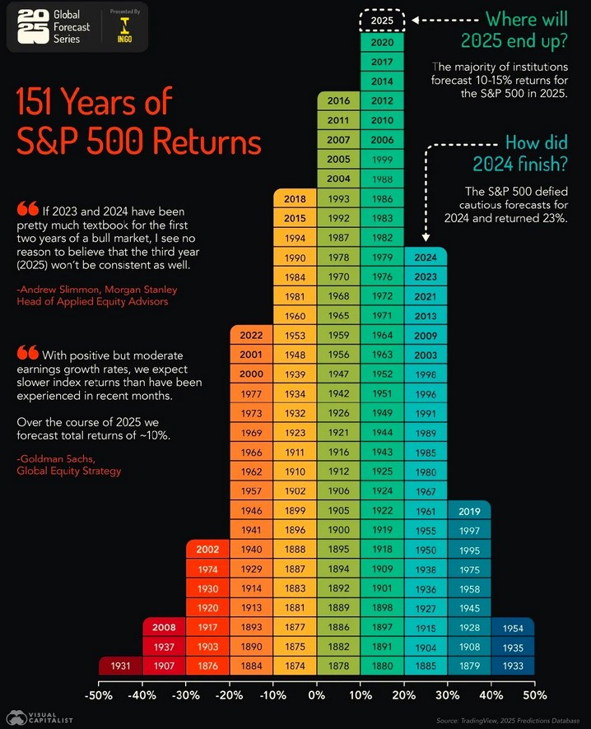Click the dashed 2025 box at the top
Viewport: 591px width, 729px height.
click(381, 20)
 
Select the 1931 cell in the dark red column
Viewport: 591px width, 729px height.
click(121, 665)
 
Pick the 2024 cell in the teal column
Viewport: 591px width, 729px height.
click(426, 257)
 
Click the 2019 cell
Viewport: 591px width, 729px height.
click(469, 511)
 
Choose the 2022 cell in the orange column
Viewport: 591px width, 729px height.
click(252, 336)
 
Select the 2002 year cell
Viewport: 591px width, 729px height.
click(208, 550)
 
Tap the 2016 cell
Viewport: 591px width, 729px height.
click(338, 101)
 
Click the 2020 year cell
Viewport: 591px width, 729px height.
click(382, 42)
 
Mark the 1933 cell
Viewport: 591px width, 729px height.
click(513, 665)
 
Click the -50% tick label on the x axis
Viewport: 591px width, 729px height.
click(98, 696)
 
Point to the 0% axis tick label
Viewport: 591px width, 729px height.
click(316, 696)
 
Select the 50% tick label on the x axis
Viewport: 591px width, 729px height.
click(535, 696)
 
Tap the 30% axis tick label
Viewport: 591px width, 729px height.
click(448, 696)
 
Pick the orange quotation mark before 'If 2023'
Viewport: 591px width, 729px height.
click(26, 209)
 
